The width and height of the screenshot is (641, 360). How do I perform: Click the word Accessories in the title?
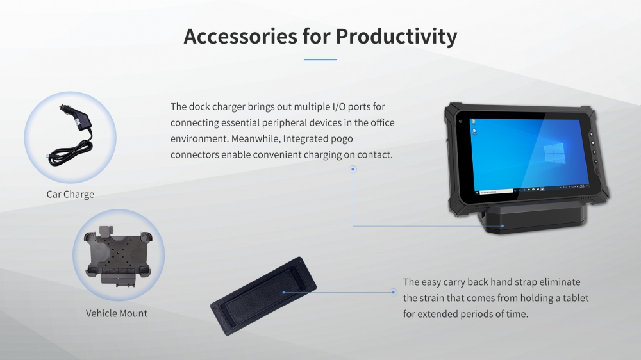pyautogui.click(x=240, y=36)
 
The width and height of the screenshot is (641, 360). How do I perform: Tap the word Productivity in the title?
pyautogui.click(x=396, y=37)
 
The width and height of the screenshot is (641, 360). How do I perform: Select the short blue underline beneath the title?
pyautogui.click(x=320, y=59)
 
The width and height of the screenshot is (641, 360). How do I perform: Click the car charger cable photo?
pyautogui.click(x=71, y=136)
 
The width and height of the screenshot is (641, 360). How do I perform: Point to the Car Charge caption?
pyautogui.click(x=71, y=195)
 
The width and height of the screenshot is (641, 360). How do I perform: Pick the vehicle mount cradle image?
pyautogui.click(x=118, y=256)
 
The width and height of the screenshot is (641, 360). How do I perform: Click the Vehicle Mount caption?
pyautogui.click(x=117, y=313)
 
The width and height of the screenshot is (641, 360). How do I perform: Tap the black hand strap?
pyautogui.click(x=263, y=296)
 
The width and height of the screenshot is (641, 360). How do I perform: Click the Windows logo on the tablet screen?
pyautogui.click(x=554, y=153)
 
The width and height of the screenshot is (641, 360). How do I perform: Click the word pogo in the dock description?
pyautogui.click(x=342, y=139)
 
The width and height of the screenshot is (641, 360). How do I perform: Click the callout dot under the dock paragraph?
pyautogui.click(x=353, y=168)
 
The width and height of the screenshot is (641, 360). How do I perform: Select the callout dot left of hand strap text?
pyautogui.click(x=394, y=292)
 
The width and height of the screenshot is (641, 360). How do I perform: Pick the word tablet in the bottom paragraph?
pyautogui.click(x=576, y=299)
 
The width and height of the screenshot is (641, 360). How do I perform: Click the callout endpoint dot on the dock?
pyautogui.click(x=503, y=226)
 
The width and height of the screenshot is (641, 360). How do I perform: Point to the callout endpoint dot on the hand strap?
pyautogui.click(x=284, y=292)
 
